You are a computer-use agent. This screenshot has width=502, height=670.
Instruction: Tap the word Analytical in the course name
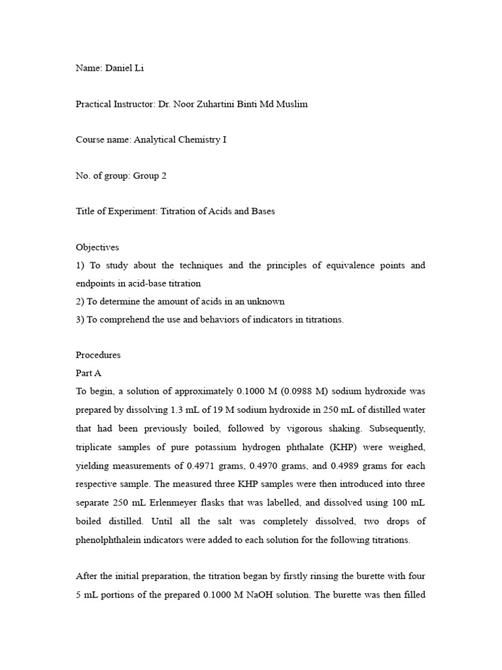pos(156,140)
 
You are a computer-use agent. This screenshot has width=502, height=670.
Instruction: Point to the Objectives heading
pos(97,247)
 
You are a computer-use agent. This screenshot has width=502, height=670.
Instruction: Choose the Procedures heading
pos(99,355)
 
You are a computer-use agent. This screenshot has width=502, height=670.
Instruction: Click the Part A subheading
pos(89,372)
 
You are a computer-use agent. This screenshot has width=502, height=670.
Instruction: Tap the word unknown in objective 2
pos(268,301)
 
